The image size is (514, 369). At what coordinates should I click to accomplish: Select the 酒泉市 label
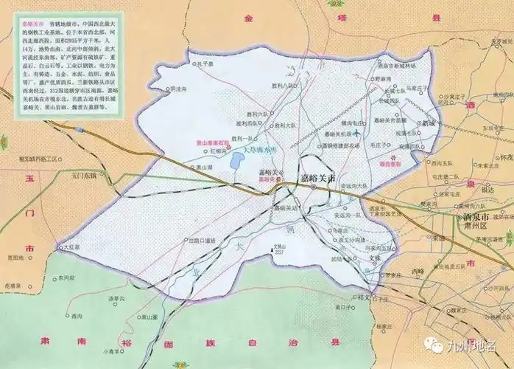coord(478,218)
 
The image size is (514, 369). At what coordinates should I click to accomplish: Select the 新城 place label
coord(429,124)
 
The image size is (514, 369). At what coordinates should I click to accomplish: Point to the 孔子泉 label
coord(205,64)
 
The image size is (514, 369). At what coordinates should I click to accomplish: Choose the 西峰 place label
coord(418,272)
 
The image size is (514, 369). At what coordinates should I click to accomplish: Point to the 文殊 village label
coord(375,258)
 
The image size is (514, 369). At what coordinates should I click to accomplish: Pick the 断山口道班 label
coord(201,240)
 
